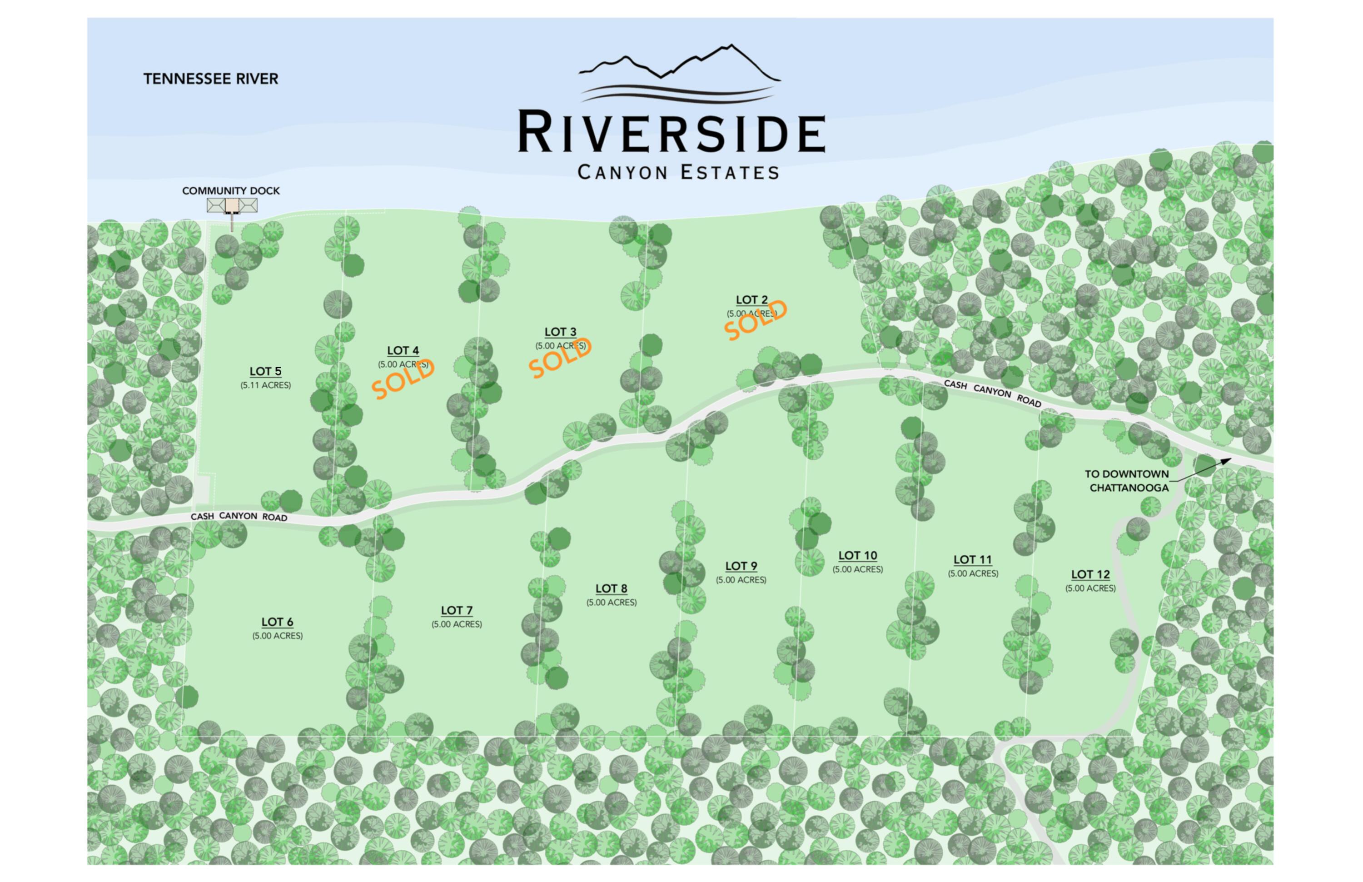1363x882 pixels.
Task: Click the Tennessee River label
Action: pos(210,79)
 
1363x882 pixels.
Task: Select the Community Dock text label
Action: pos(231,191)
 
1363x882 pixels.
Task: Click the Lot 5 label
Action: pos(265,371)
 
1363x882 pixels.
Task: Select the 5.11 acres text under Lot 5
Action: pos(265,385)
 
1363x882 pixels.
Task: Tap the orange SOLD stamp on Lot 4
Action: pos(403,379)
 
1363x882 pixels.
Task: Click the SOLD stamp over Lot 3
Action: pos(560,359)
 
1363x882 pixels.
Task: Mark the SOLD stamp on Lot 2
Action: pos(756,321)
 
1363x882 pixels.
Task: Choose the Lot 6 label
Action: pos(277,622)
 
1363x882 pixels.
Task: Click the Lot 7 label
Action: pos(457,611)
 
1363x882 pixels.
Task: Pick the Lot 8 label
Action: pos(611,589)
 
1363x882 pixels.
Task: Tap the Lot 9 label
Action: pos(741,566)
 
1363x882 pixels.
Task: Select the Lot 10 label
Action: pos(857,556)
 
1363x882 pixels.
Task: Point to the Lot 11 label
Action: pos(972,559)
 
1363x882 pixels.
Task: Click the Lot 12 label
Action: pos(1090,574)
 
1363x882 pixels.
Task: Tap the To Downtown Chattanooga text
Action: pos(1126,481)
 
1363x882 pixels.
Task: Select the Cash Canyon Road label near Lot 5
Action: pos(239,517)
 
